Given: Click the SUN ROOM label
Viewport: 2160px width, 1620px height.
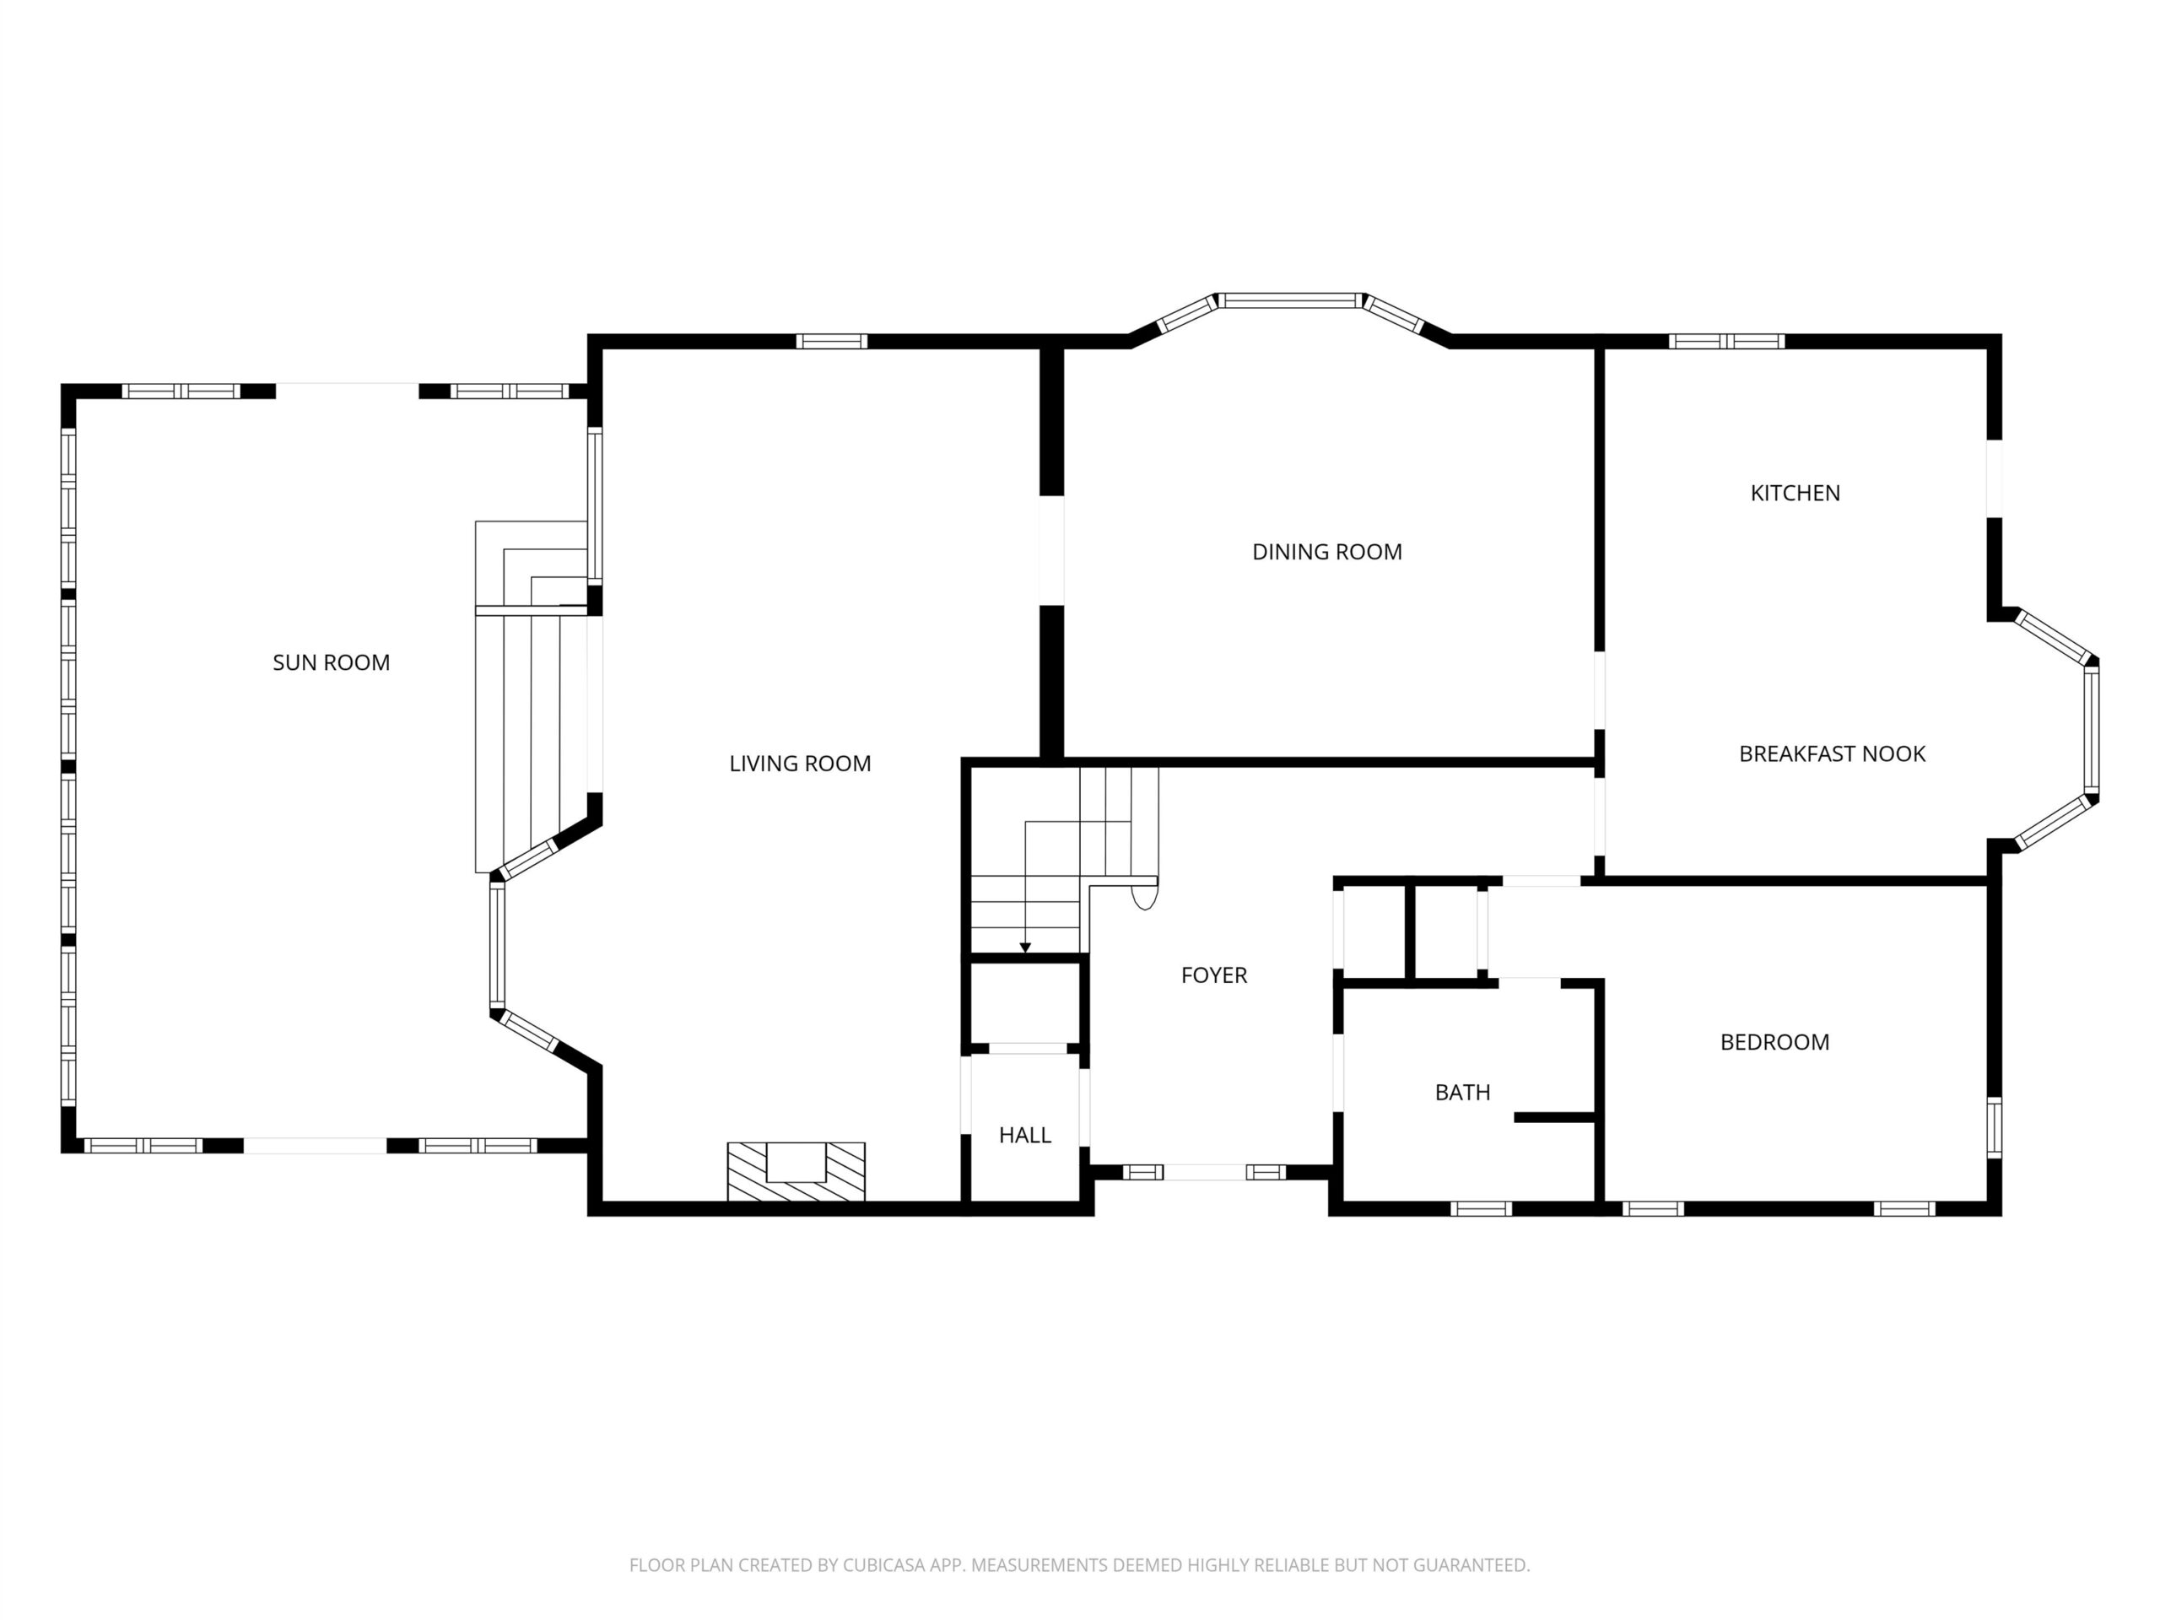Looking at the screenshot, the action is (x=331, y=662).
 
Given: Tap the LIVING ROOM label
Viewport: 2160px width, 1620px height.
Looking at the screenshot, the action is (x=800, y=764).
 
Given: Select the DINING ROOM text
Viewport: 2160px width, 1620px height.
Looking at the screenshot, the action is (x=1327, y=552).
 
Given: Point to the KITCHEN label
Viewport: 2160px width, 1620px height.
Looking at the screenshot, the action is (x=1795, y=493).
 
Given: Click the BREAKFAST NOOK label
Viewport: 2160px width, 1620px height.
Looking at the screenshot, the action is (x=1832, y=753).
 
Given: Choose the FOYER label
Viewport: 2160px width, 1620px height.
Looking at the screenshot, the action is (x=1214, y=975).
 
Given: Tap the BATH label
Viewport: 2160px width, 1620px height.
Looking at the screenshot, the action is (x=1462, y=1092).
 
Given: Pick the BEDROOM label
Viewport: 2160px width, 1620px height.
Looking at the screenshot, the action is (x=1774, y=1042).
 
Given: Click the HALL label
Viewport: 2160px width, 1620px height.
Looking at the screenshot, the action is (x=1024, y=1135).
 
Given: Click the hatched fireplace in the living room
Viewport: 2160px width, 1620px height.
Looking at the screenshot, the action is (x=796, y=1171).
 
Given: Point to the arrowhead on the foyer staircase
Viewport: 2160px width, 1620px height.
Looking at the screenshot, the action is (x=1025, y=948).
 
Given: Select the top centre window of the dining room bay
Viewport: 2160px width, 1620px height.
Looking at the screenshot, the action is (x=1290, y=300).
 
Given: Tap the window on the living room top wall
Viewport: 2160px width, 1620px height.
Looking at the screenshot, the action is (x=831, y=341).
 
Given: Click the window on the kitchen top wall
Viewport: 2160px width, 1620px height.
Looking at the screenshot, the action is (x=1726, y=341).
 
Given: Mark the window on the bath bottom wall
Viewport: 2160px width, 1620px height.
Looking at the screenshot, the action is (x=1481, y=1209).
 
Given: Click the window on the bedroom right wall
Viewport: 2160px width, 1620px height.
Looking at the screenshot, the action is (x=1994, y=1128).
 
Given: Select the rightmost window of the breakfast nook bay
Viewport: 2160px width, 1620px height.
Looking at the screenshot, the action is (x=2091, y=731).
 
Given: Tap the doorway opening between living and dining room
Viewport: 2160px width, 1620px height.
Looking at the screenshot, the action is (x=1050, y=551).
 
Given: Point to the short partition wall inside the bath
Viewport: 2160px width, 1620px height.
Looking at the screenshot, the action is (x=1554, y=1117).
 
